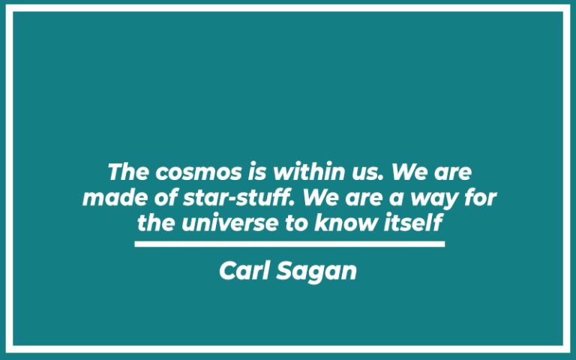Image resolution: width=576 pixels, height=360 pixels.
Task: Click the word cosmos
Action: [197, 172]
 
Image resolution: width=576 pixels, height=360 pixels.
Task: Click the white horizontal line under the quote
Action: [289, 244]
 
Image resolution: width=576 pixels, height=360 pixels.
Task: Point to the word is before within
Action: [255, 172]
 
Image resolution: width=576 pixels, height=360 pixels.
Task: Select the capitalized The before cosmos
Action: [129, 172]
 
